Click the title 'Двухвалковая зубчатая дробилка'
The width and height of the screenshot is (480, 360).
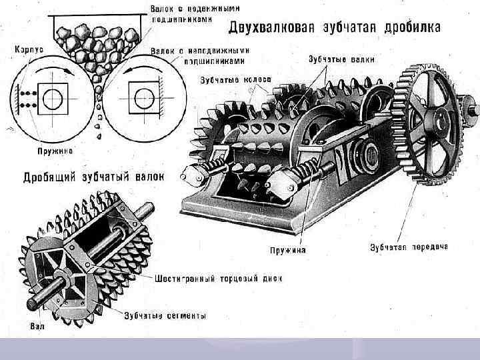click(335, 27)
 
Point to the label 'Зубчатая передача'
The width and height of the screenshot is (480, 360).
click(409, 246)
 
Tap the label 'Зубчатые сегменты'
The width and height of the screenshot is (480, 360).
click(165, 315)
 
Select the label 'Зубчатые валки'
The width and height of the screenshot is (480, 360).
click(335, 58)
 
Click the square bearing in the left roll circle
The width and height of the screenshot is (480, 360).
click(51, 99)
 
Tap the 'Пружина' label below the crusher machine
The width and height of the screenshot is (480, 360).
click(288, 251)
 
